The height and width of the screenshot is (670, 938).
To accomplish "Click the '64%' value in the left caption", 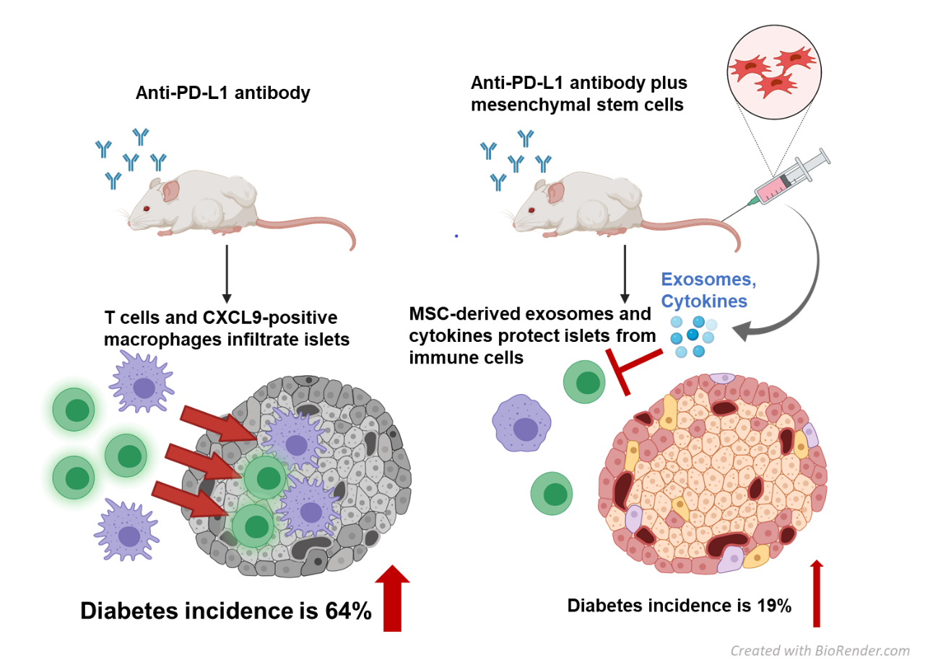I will point(348,611).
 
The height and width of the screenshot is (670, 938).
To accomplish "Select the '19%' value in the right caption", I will point(774,606).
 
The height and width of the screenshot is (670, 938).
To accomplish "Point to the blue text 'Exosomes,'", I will point(708,280).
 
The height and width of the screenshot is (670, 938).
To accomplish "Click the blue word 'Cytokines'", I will point(704,301).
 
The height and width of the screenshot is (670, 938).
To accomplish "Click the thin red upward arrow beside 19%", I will point(817,593).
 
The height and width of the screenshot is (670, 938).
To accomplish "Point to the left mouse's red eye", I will point(146,209).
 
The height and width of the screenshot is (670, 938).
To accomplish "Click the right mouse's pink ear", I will point(555,192).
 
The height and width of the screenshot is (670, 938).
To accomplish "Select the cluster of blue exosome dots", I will point(692,335).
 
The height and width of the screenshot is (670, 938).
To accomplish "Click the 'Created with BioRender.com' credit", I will point(820,650).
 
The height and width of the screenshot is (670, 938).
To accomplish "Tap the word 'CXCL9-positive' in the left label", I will point(270,318).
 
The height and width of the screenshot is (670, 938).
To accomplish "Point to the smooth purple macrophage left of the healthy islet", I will point(521,424).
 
